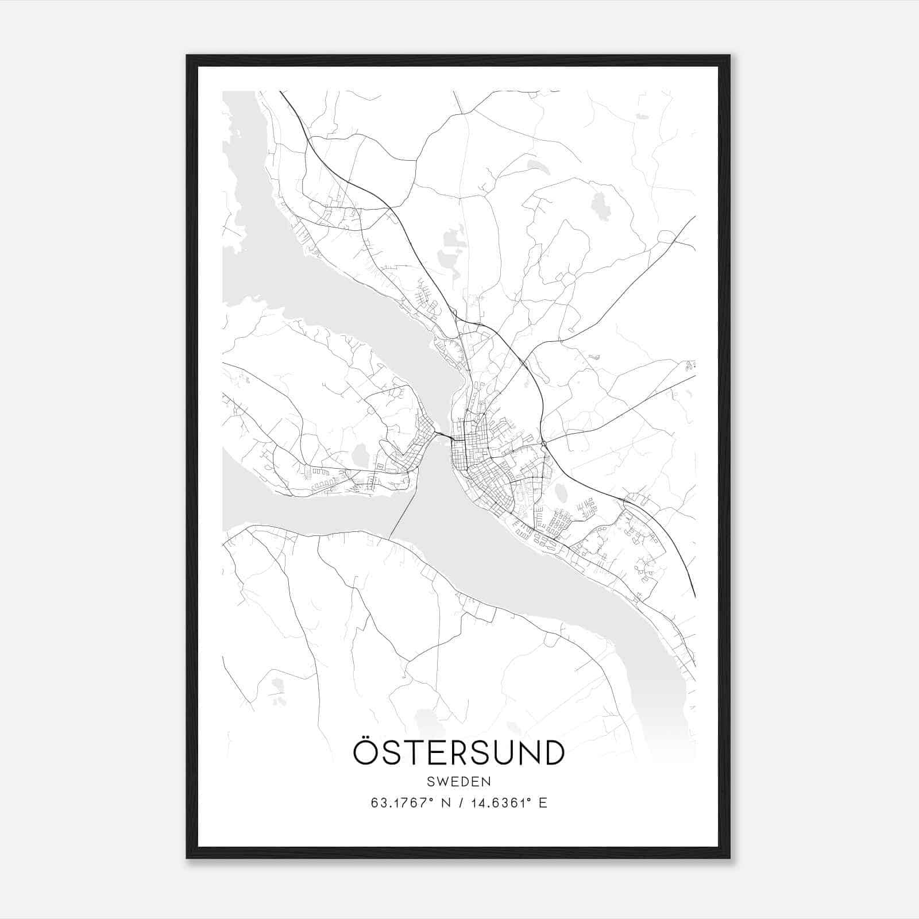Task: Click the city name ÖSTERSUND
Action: (458, 752)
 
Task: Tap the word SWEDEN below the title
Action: (458, 782)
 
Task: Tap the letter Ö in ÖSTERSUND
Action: (365, 752)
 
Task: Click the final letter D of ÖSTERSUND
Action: (553, 753)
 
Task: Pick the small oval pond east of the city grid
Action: (561, 493)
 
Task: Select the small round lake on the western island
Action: (361, 455)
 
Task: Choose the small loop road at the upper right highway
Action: (666, 237)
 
